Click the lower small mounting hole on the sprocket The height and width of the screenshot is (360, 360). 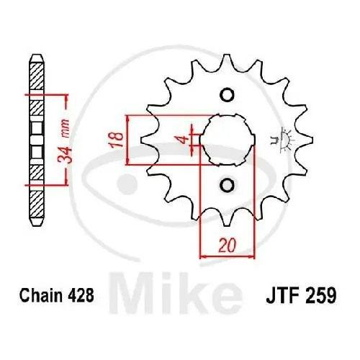(x=226, y=186)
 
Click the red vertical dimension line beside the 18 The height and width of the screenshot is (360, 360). (x=127, y=140)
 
